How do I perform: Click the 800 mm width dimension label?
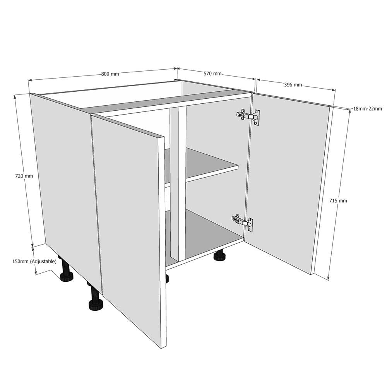point(110,74)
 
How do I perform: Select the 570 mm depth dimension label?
point(212,73)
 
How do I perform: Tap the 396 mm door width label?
point(293,84)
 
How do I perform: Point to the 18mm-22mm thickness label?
point(367,109)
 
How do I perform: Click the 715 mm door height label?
point(338,200)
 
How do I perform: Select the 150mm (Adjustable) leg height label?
point(34,262)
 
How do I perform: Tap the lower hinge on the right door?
point(243,223)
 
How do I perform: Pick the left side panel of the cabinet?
point(64,174)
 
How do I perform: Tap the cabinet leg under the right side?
point(220,256)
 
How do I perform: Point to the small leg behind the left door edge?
point(167,279)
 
